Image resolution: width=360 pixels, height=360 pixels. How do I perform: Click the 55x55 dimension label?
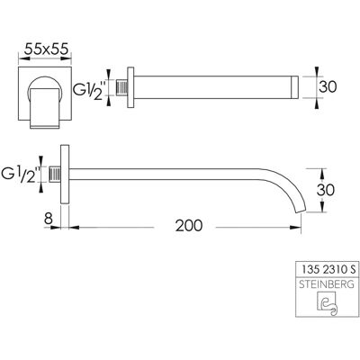coord(47,49)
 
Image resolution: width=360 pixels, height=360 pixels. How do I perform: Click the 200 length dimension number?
coord(189,226)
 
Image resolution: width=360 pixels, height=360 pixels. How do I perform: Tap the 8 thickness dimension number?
coord(49,219)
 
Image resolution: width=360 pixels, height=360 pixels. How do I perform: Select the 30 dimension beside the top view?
coord(328,87)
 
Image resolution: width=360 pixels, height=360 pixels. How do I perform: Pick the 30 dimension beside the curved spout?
coord(326,190)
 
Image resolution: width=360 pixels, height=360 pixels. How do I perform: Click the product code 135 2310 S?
coord(328,270)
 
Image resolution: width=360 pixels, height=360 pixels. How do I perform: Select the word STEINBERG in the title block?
coord(327,284)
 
